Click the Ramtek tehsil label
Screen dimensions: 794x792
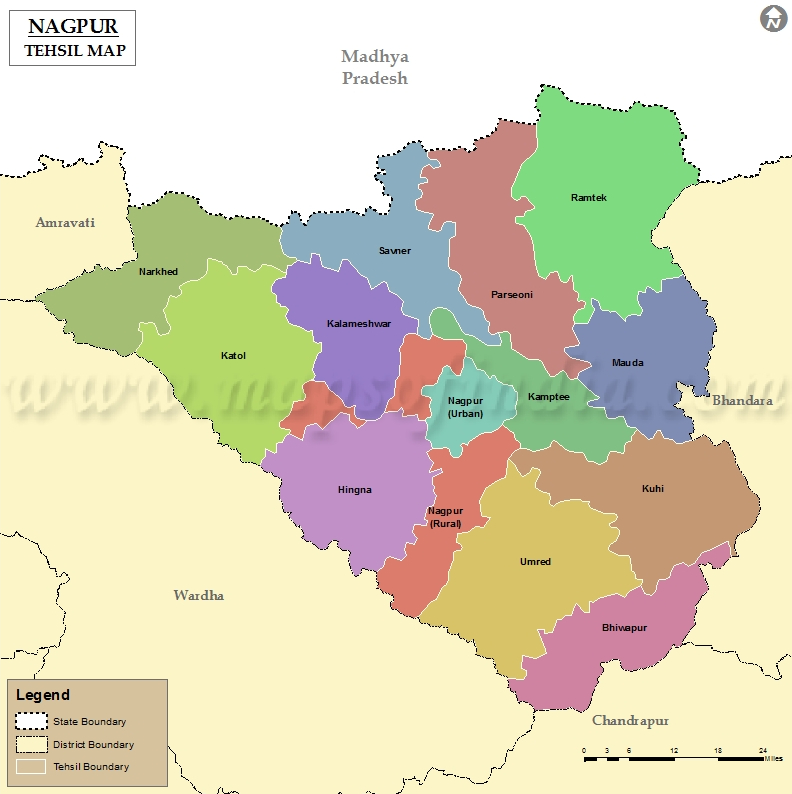tap(588, 198)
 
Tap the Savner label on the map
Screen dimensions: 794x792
tap(394, 251)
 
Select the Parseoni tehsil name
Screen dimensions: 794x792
tap(512, 295)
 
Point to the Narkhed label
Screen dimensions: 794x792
tap(158, 272)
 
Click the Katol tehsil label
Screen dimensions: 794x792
tap(233, 356)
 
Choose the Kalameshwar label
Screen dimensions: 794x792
tap(358, 324)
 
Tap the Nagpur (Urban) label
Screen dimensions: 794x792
tap(465, 407)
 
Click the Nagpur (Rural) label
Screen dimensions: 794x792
tap(445, 517)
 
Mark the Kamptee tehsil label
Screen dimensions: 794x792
tap(548, 397)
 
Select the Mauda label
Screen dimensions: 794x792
tap(627, 363)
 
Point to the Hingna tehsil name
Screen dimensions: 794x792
tap(354, 490)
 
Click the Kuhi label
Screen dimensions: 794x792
tap(652, 489)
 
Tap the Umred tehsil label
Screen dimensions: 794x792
tap(535, 562)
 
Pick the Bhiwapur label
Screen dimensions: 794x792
tap(625, 627)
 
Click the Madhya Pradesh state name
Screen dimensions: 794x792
tap(375, 67)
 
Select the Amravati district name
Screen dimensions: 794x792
tap(65, 222)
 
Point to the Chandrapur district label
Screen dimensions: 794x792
tap(630, 720)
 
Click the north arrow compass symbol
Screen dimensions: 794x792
tap(772, 19)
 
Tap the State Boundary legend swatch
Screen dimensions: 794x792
tap(32, 721)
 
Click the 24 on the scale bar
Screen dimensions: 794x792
tap(762, 750)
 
